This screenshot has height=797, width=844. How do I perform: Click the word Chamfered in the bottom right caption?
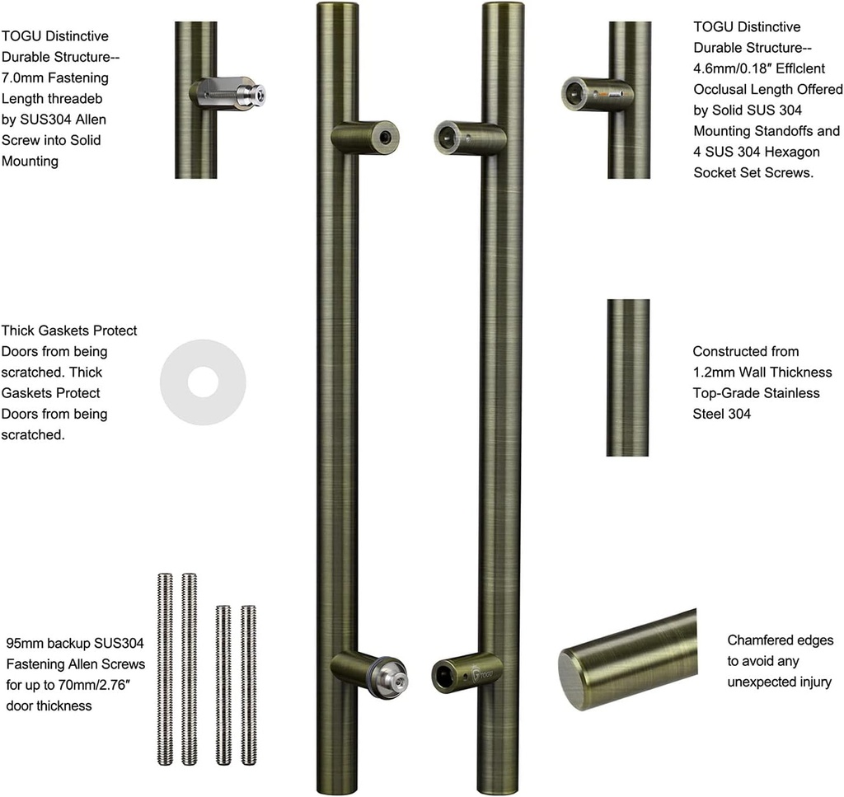point(758,640)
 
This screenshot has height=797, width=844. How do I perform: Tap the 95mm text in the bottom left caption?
point(23,643)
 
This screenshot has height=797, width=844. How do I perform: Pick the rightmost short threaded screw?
point(248,684)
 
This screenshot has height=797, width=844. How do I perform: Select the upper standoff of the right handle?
point(468,138)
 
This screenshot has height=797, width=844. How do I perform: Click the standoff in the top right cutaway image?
point(597,93)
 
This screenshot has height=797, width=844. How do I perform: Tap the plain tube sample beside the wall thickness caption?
point(628,377)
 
